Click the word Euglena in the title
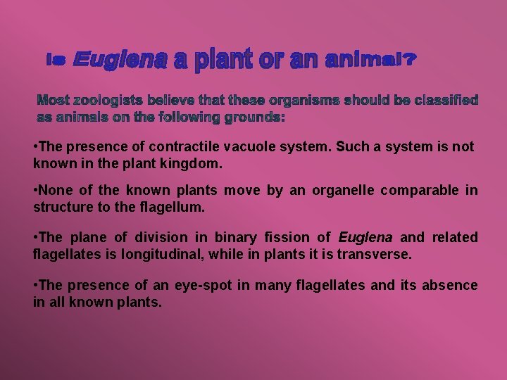[x=120, y=61]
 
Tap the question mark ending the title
[x=410, y=61]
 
